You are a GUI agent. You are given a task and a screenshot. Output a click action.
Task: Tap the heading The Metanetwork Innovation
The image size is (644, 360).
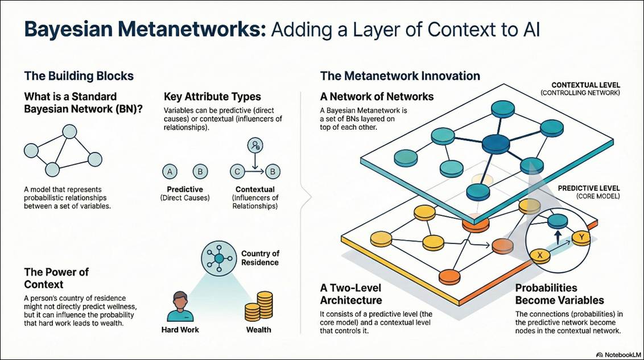coord(400,76)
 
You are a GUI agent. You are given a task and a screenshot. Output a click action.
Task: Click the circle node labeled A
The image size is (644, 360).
coord(168,170)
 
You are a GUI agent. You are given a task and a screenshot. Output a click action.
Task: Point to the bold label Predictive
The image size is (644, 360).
coord(185,189)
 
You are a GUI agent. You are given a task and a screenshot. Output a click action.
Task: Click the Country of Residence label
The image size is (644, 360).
coord(260,258)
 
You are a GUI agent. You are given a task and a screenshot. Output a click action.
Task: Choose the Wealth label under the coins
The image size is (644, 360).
coord(259,329)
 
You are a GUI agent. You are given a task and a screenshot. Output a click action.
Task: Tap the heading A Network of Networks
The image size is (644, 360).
coord(377,96)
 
